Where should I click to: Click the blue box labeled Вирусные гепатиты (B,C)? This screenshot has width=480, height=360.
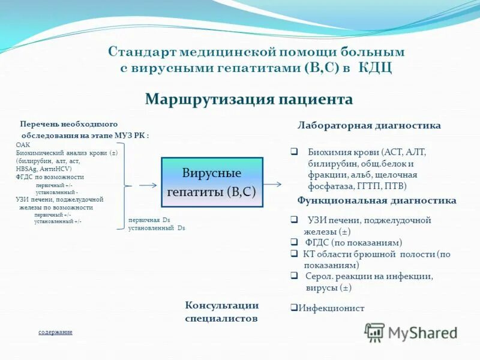212,182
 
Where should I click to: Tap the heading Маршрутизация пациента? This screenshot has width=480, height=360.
248,99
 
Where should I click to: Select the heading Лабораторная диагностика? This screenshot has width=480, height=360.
369,125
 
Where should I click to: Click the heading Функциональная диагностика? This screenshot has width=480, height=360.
376,200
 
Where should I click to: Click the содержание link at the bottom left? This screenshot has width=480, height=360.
55,332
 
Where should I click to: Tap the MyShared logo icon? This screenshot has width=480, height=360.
375,332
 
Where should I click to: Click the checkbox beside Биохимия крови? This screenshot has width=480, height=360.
294,152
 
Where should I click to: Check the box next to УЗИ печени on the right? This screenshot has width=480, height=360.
294,220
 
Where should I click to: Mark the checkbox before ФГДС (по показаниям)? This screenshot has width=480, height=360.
294,242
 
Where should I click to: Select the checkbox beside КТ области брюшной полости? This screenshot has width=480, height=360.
294,254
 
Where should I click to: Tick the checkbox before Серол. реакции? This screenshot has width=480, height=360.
294,276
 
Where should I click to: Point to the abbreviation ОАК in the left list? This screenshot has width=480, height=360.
23,145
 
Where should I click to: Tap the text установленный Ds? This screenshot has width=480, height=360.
157,229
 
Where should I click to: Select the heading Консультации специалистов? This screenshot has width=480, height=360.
221,312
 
